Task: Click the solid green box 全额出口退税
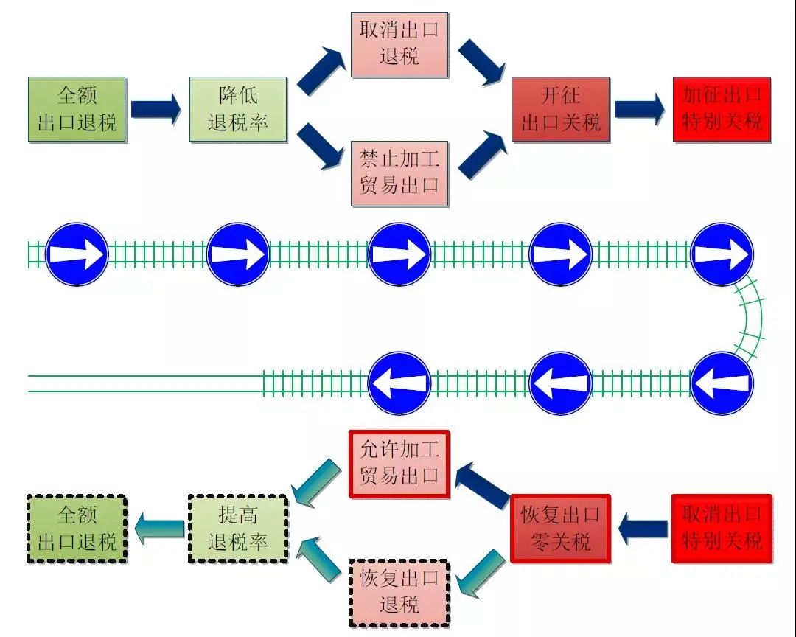[77, 109]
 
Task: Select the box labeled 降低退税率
[237, 109]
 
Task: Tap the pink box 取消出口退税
[399, 44]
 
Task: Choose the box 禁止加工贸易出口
[399, 173]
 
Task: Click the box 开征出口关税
[560, 109]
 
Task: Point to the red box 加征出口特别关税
[722, 109]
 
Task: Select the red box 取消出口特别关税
[722, 528]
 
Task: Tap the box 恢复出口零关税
[560, 528]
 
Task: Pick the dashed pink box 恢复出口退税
[399, 592]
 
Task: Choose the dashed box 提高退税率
[237, 528]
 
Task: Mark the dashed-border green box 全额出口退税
[77, 528]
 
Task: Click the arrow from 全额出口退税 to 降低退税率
[156, 109]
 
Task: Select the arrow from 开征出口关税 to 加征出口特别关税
[640, 109]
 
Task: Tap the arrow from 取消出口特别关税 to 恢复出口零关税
[642, 528]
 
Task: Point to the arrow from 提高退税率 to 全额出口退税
[158, 528]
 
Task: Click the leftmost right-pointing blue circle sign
[77, 254]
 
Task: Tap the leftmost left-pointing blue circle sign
[399, 383]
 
